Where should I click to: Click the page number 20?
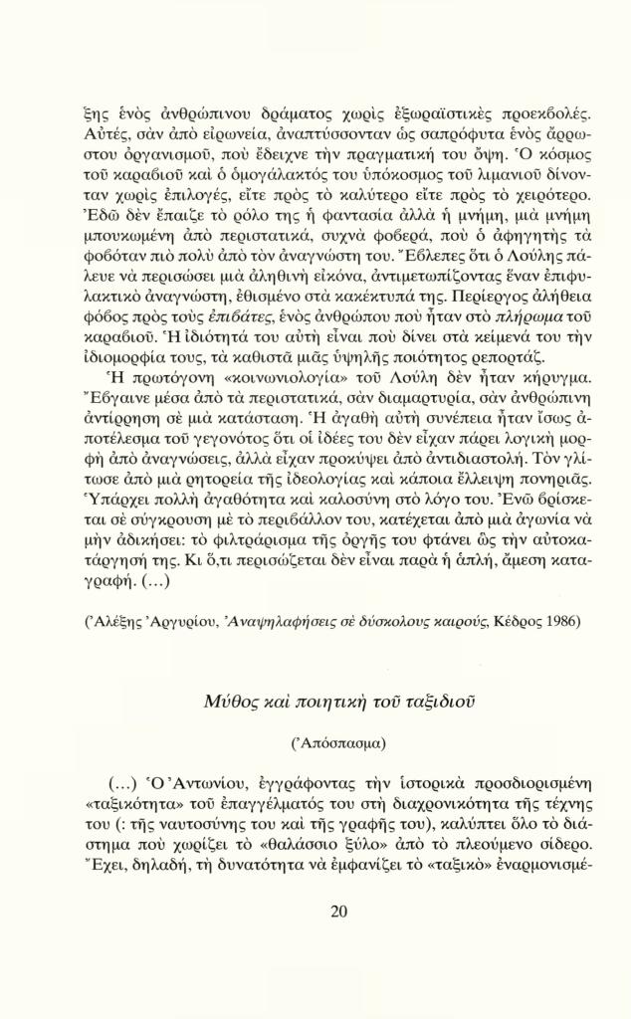337,912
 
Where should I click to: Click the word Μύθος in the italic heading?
232,703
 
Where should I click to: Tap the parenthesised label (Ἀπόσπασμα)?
337,743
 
